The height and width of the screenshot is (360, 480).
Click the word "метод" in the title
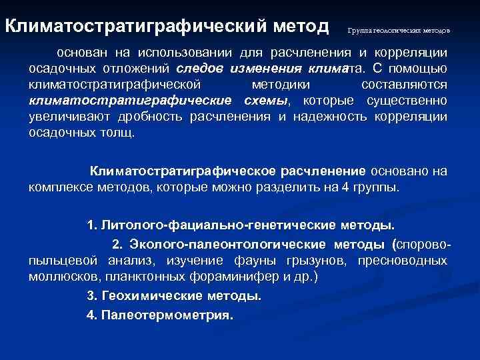[301, 27]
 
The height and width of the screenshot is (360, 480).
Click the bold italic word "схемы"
[265, 101]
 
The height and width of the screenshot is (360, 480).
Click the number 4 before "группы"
[345, 187]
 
